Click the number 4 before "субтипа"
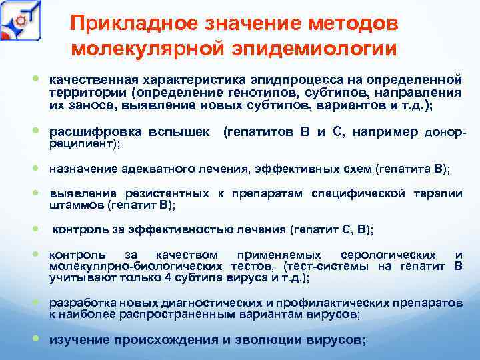[167, 277]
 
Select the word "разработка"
[79, 303]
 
